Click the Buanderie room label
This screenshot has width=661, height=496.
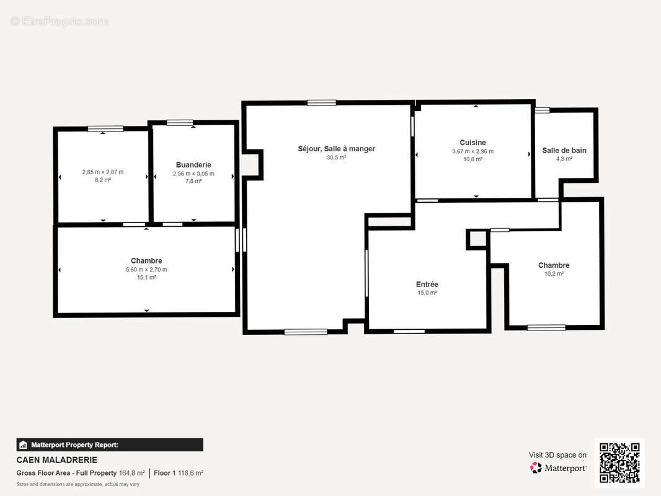[193, 165]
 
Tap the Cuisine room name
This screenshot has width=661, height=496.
[472, 143]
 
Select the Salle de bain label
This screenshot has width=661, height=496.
[564, 151]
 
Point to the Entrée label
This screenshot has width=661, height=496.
[427, 284]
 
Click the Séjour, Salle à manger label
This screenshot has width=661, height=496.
[337, 149]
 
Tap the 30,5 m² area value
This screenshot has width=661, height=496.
[337, 157]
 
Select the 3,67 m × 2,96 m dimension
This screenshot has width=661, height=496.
[472, 151]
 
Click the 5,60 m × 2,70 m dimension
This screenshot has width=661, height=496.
[146, 270]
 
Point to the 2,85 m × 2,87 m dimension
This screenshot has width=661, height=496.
[103, 172]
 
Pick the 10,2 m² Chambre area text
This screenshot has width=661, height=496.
[554, 273]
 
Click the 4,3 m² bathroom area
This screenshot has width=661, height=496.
[564, 159]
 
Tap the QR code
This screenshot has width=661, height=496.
[619, 463]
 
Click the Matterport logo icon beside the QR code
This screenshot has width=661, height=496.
[536, 467]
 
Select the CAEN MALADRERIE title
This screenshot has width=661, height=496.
[57, 460]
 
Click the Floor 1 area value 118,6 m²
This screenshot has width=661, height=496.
[190, 473]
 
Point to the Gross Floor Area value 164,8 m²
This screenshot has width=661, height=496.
[131, 473]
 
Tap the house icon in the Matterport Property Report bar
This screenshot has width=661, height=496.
[23, 445]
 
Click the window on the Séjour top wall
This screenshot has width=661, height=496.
[322, 103]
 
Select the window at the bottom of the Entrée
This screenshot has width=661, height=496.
[409, 332]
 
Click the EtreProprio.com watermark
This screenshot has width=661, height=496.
[60, 21]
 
